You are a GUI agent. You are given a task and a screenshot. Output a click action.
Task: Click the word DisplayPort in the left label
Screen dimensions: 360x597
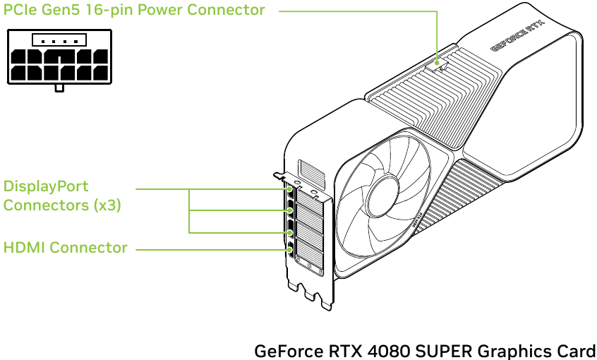(x=46, y=186)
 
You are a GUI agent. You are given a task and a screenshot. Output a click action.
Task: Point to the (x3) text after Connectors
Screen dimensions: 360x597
(x=107, y=205)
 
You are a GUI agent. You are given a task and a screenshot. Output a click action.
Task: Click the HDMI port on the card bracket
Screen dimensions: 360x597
(x=291, y=249)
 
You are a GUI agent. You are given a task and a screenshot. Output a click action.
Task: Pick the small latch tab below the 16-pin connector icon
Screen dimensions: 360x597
(x=60, y=88)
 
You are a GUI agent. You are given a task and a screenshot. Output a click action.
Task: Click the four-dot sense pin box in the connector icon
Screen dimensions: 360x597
(x=59, y=40)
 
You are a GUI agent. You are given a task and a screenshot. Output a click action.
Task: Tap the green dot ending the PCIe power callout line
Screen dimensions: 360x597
(x=438, y=68)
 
